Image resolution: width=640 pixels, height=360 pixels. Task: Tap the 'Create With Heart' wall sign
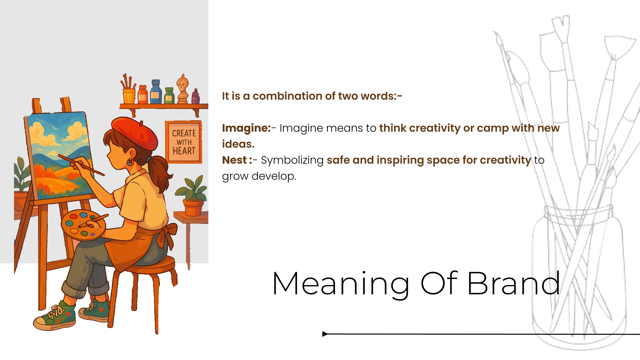click(x=184, y=142)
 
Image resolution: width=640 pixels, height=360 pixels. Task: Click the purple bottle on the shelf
click(x=196, y=97)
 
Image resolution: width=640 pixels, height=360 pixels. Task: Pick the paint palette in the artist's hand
click(x=83, y=225)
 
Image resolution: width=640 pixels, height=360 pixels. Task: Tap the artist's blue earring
click(x=130, y=162)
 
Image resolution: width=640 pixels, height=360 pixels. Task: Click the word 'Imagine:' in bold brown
click(x=246, y=128)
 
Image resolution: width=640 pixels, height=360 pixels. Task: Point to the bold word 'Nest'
click(x=234, y=160)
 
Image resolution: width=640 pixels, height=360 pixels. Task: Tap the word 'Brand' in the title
click(x=513, y=284)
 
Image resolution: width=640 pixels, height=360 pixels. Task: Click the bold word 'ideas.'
click(x=238, y=144)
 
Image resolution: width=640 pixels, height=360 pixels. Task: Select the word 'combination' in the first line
click(x=287, y=96)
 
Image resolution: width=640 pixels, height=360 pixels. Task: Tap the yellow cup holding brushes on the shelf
click(x=129, y=96)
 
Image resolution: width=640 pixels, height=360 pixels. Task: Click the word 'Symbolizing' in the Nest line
click(x=292, y=160)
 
